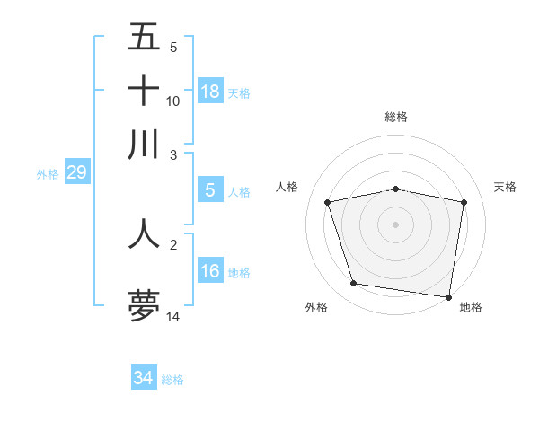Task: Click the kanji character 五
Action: (144, 38)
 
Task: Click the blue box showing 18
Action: (210, 92)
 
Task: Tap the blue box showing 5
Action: (210, 190)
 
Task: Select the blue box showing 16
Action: (210, 271)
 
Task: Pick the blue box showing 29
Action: (76, 172)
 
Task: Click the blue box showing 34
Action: (143, 378)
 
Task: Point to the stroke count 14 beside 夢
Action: (173, 317)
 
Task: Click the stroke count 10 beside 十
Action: (173, 101)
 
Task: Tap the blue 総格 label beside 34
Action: (172, 380)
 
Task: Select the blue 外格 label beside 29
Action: (48, 174)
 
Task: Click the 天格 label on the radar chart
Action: (506, 187)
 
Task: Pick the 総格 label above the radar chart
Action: (396, 117)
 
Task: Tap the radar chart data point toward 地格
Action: (448, 296)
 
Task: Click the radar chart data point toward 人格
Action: (328, 202)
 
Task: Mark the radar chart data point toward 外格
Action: (354, 284)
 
